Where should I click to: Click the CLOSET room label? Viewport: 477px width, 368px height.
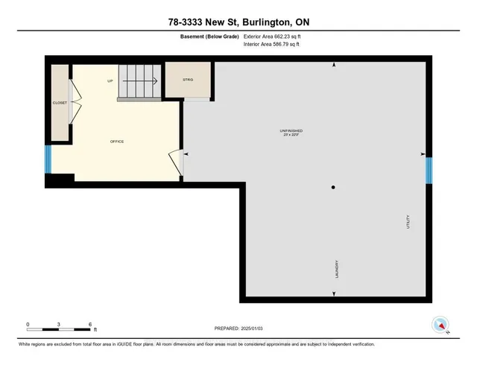(x=60, y=103)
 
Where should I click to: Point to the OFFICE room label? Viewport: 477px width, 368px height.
(x=116, y=142)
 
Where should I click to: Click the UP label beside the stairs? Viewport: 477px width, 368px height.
(x=110, y=80)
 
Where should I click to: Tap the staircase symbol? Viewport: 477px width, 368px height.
(x=139, y=80)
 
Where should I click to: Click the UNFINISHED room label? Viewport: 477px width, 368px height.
(x=291, y=131)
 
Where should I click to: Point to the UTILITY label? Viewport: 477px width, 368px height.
(x=408, y=222)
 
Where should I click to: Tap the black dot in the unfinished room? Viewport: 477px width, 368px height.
(x=334, y=187)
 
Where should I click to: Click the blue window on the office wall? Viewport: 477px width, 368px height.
(x=48, y=158)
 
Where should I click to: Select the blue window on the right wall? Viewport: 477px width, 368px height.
(x=429, y=169)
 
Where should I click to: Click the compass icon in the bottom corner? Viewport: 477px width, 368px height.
(x=440, y=325)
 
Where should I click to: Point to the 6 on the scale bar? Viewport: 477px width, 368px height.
(x=90, y=325)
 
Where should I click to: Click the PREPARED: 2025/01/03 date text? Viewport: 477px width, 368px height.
(x=238, y=328)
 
